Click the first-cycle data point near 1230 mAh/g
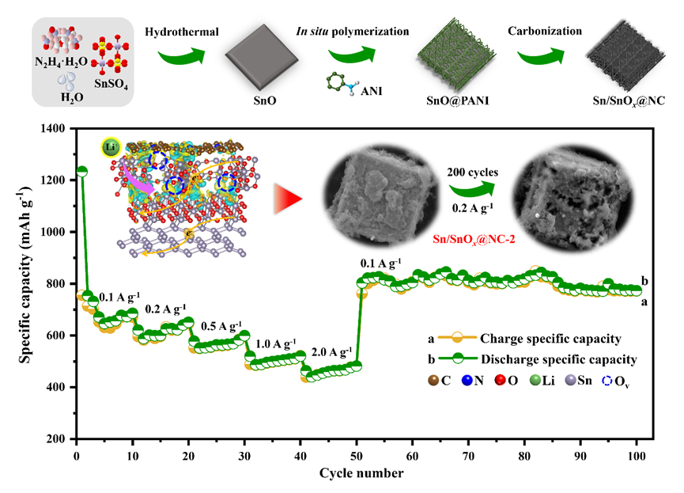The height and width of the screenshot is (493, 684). pos(81,171)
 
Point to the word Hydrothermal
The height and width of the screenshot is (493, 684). pos(180,32)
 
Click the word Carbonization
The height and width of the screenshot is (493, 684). pos(545,32)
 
